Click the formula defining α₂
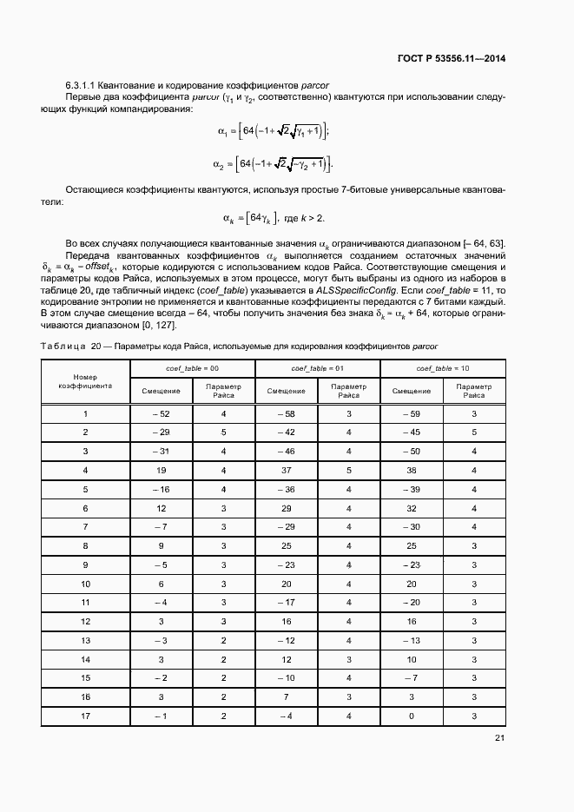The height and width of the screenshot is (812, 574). pyautogui.click(x=271, y=163)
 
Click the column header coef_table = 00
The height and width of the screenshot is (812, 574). pyautogui.click(x=192, y=368)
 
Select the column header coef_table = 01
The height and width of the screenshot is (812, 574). pyautogui.click(x=317, y=368)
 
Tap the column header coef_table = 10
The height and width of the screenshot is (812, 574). pyautogui.click(x=443, y=368)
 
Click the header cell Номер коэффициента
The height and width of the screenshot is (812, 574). pyautogui.click(x=85, y=381)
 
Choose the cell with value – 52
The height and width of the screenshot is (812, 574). pyautogui.click(x=161, y=414)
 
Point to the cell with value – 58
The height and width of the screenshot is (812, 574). pyautogui.click(x=286, y=414)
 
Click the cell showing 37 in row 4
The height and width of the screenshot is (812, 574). pyautogui.click(x=286, y=470)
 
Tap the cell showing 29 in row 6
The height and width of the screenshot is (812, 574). pyautogui.click(x=286, y=507)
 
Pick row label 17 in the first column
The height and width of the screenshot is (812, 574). pyautogui.click(x=85, y=716)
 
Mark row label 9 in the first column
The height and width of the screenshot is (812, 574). pyautogui.click(x=85, y=564)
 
